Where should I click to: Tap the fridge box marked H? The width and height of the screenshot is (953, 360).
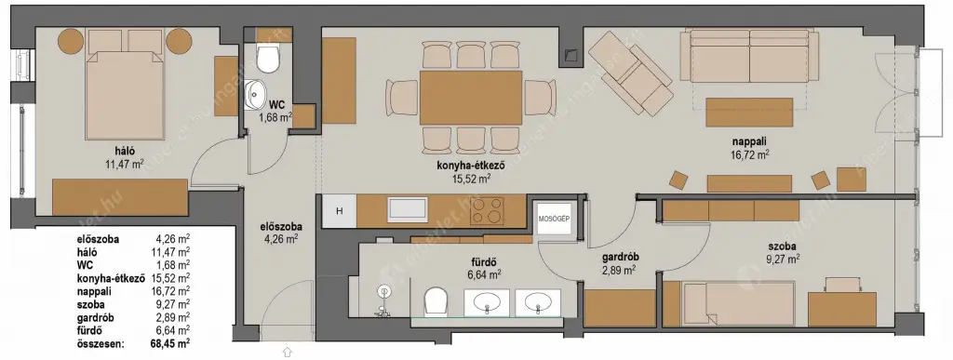(x=340, y=210)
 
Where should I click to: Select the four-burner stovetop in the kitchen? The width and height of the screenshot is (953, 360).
(x=488, y=210)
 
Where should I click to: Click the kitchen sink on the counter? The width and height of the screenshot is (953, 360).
(x=408, y=209)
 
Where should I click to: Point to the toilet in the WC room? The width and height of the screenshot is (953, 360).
(x=268, y=59)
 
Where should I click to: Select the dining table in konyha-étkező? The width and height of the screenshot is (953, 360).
(x=471, y=98)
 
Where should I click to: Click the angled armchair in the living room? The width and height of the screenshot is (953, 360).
(x=630, y=73)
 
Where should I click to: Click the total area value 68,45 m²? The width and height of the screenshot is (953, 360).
(x=170, y=344)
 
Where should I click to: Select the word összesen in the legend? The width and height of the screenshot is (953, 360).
(x=101, y=344)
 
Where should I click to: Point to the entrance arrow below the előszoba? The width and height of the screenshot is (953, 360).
(x=288, y=352)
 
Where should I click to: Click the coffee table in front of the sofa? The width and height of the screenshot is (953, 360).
(x=740, y=113)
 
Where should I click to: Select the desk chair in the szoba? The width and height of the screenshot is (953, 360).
(x=843, y=284)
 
